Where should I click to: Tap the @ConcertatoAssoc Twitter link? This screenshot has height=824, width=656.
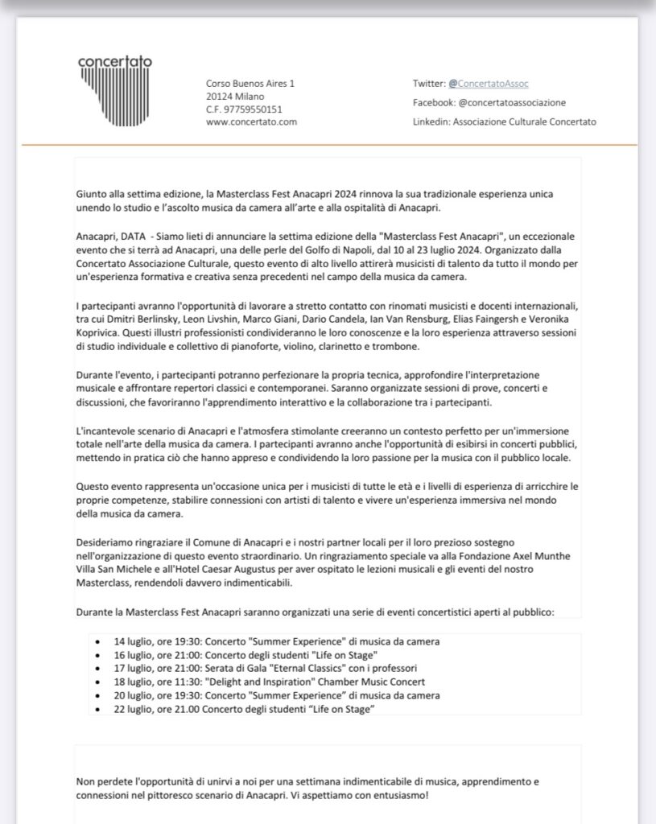489,83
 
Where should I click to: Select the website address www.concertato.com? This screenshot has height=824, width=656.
252,122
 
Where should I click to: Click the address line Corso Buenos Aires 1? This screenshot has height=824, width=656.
250,83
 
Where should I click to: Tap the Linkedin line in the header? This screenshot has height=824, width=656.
505,122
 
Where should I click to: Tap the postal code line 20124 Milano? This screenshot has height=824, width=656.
235,96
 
